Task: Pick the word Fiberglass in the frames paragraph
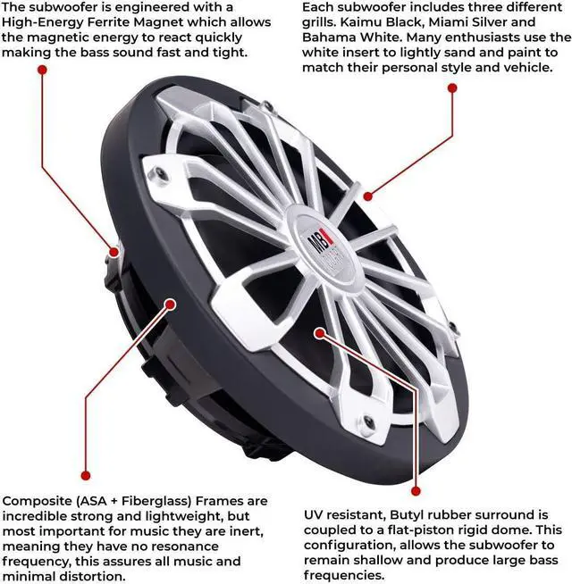153,501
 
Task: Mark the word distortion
96,577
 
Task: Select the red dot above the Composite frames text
85,475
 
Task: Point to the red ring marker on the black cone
321,333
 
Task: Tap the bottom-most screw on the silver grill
367,422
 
